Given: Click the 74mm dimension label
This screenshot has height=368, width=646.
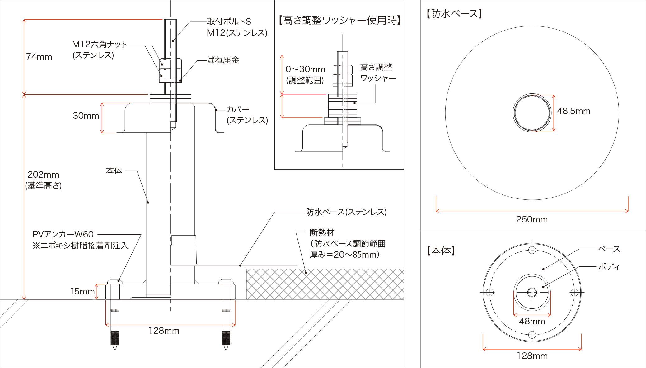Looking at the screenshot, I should tap(39, 57).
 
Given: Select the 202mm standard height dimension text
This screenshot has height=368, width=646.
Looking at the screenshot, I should tap(43, 174).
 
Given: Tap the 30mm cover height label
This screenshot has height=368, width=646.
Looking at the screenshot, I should tap(86, 116).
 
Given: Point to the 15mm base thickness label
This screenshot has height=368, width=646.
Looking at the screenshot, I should tap(82, 291).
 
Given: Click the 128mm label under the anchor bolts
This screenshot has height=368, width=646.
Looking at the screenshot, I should tap(164, 331).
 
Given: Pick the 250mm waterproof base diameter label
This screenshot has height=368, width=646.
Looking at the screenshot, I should tap(532, 219).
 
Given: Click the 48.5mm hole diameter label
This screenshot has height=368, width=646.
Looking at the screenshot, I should tap(573, 111).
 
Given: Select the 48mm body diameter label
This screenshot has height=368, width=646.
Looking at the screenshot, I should tap(532, 321).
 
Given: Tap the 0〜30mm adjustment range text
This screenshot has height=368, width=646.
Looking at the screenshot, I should tap(305, 69).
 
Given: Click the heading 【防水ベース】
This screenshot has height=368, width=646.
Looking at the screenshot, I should tap(454, 14).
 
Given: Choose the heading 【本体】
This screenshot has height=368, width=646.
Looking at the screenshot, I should tap(441, 251).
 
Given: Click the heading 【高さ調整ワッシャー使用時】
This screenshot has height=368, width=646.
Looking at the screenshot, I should tap(339, 20).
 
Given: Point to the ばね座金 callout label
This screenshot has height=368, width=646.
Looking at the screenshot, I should tap(223, 60).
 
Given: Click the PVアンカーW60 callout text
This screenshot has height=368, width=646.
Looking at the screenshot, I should tap(63, 234).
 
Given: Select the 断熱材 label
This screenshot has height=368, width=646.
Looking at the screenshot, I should tap(322, 232).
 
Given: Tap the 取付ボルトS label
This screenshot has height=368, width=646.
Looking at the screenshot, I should tap(229, 22).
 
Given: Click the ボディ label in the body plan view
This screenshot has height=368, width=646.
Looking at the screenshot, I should tap(609, 267).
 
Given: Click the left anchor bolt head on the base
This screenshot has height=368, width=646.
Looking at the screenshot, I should tap(115, 282).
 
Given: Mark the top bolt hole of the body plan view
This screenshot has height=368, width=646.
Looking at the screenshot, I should tap(532, 250).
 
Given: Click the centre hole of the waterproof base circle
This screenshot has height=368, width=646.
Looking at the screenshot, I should tap(532, 113).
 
